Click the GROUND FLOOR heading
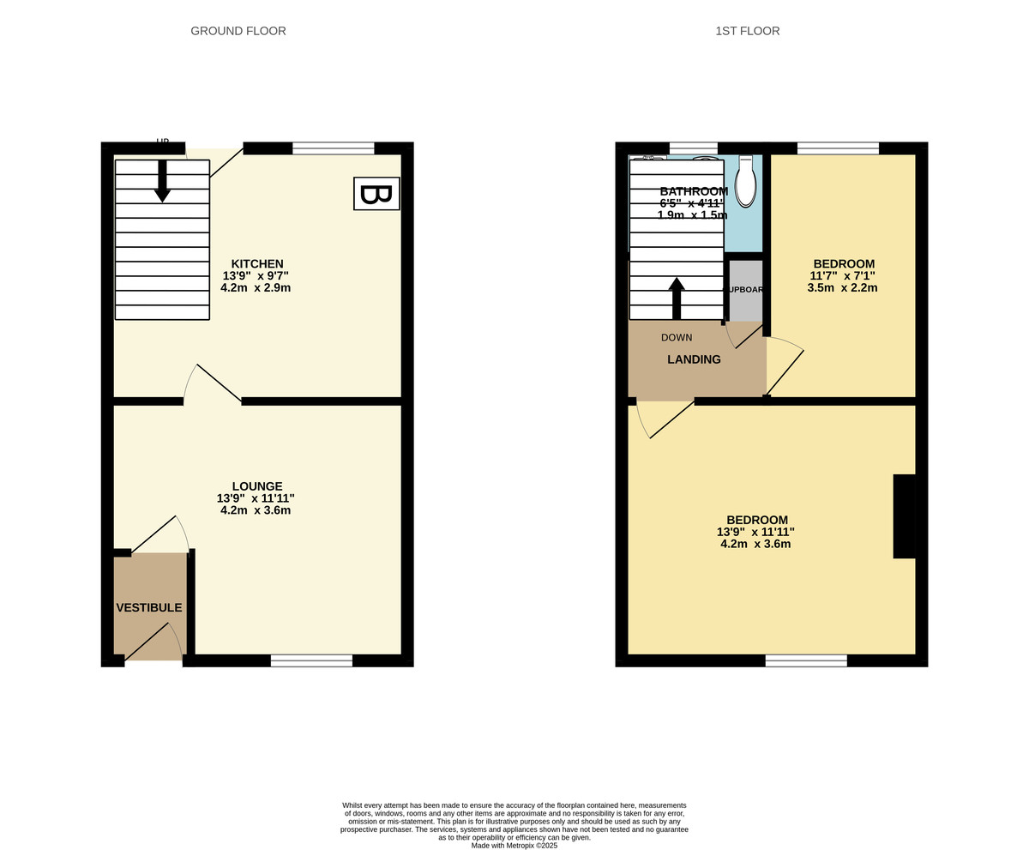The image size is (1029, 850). click(238, 31)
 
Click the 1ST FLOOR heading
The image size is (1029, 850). click(747, 31)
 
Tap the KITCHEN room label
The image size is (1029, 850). click(257, 264)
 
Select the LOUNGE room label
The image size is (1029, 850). click(256, 486)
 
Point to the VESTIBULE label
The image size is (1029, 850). click(149, 608)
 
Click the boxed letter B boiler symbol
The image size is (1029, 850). click(376, 194)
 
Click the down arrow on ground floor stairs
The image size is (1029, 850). click(162, 182)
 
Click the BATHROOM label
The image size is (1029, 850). click(693, 191)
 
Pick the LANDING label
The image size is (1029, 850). click(694, 360)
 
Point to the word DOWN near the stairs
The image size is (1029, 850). click(677, 338)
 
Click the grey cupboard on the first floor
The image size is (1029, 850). click(745, 290)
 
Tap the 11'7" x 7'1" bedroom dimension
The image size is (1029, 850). click(842, 276)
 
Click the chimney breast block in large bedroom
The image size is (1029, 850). click(904, 516)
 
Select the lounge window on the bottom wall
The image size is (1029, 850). click(311, 660)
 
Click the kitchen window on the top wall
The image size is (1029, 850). click(333, 148)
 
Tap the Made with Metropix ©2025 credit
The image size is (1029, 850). click(514, 845)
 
